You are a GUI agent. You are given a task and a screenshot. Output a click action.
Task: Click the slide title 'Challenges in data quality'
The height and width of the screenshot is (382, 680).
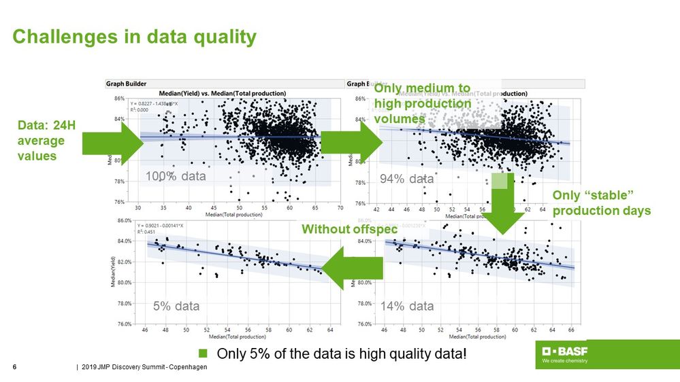(135, 37)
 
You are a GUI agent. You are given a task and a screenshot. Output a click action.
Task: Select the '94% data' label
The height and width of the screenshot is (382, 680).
(407, 179)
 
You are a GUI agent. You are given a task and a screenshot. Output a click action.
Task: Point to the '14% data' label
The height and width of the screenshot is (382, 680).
(407, 306)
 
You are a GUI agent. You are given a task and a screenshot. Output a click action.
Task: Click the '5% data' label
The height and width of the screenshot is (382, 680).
(176, 306)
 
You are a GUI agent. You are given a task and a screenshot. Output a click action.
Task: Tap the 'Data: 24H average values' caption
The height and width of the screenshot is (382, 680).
(42, 141)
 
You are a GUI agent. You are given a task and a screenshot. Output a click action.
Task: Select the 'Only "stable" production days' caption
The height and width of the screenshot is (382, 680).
(601, 203)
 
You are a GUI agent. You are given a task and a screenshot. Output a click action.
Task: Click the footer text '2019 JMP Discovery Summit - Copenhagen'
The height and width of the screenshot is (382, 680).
(144, 368)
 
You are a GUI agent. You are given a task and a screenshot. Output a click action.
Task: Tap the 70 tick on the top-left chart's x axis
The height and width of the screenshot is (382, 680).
(340, 207)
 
